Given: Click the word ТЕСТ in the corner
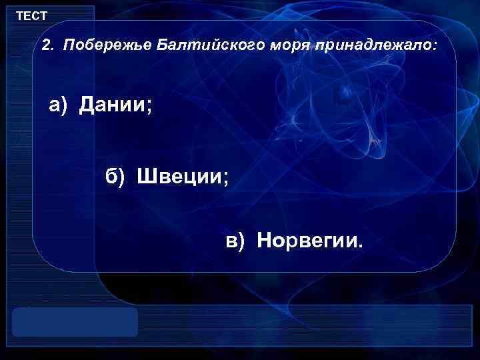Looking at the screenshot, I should (x=31, y=15).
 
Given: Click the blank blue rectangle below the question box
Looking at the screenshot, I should (x=75, y=321).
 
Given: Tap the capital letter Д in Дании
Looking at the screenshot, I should (x=86, y=105).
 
